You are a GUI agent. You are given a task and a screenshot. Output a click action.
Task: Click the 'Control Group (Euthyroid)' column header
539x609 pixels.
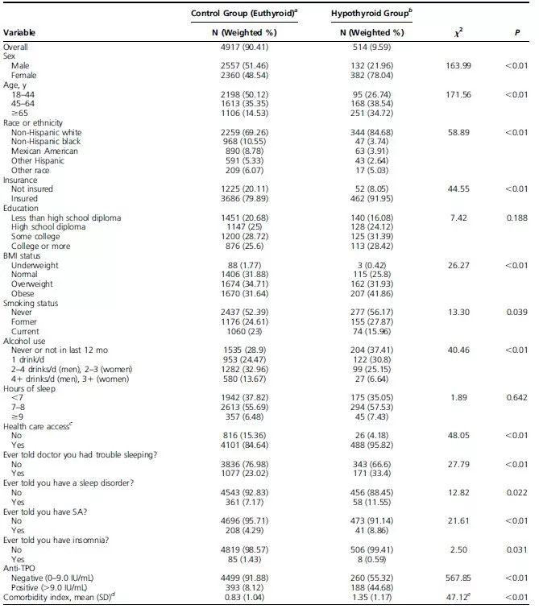[x=244, y=14]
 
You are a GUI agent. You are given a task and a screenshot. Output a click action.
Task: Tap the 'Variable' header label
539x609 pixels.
[x=23, y=32]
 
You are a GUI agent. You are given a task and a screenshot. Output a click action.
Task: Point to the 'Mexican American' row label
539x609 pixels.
[x=45, y=151]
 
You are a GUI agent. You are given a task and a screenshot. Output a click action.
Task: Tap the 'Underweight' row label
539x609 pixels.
[x=35, y=265]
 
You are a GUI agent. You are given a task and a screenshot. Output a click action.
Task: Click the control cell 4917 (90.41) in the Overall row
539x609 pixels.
[x=243, y=47]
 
